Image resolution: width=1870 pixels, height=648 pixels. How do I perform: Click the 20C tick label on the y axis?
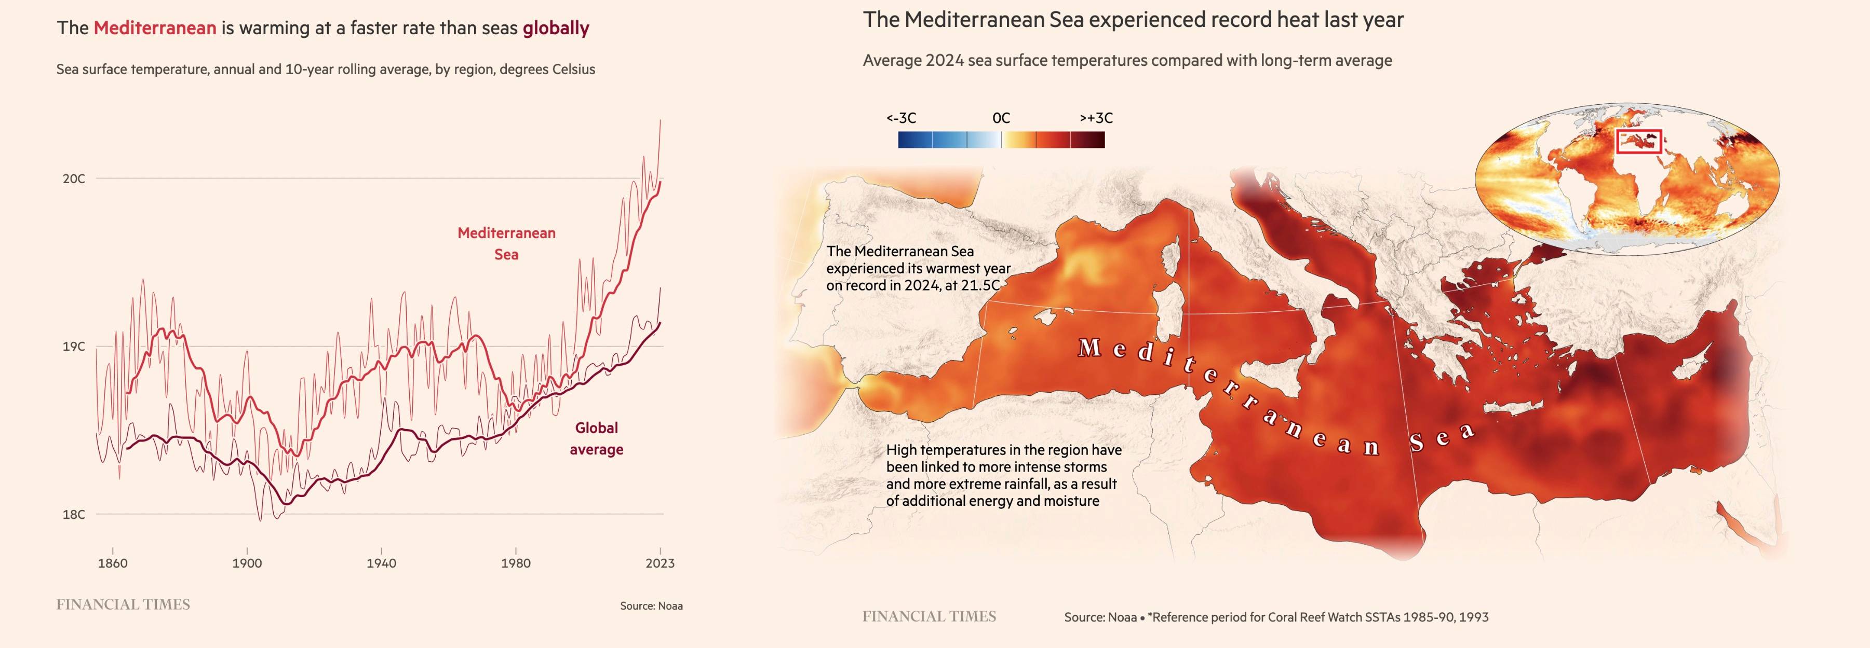73,178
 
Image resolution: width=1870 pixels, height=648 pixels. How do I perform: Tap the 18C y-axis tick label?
73,515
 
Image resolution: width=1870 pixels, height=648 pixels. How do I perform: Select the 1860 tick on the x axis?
113,563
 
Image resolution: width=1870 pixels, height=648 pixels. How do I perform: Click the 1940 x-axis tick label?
381,563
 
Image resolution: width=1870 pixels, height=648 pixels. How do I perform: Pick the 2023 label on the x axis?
660,563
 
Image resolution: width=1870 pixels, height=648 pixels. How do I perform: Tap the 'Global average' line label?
596,438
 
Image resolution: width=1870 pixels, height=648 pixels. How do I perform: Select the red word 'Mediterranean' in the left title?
155,29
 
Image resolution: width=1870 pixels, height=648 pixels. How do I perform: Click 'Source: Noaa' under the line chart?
651,606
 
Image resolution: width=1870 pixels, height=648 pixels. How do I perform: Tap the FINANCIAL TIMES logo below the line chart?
123,604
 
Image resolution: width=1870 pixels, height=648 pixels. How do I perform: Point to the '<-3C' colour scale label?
901,118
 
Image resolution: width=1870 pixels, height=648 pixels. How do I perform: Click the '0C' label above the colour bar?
1001,118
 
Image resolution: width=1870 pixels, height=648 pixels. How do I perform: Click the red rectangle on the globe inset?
1638,142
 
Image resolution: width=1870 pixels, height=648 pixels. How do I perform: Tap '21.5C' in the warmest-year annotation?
980,285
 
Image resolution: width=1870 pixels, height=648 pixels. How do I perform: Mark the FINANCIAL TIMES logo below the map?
929,617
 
